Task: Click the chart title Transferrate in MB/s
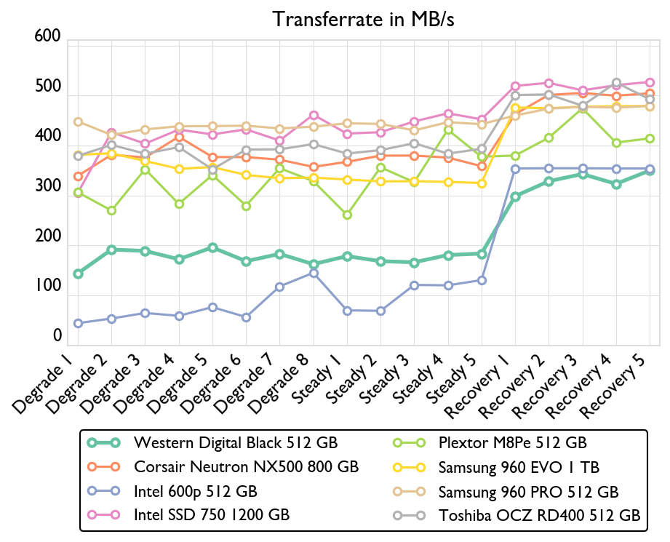(364, 19)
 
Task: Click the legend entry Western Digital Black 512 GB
(236, 442)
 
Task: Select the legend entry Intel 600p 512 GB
(196, 491)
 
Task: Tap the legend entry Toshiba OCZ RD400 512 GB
(539, 516)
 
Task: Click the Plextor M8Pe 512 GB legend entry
(513, 442)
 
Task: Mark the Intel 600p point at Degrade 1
(78, 323)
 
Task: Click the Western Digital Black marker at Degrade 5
(212, 248)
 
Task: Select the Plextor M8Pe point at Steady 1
(347, 215)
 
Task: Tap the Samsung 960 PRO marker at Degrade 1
(78, 122)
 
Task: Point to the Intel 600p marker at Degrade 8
(314, 273)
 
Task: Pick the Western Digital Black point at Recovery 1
(515, 196)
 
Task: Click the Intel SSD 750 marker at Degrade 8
(314, 115)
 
